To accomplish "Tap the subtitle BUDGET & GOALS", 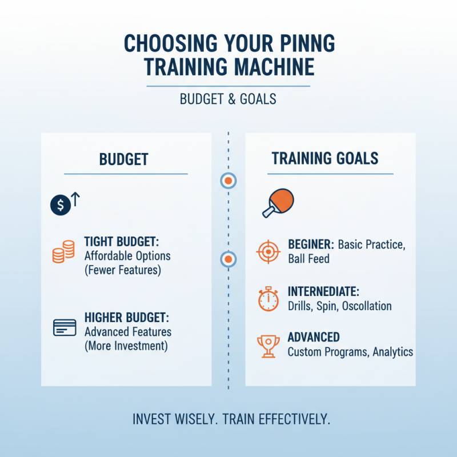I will click(x=228, y=99).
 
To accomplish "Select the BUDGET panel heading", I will click(x=125, y=159).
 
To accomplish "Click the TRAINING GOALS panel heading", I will click(x=324, y=158).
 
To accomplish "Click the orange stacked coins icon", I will click(x=63, y=252).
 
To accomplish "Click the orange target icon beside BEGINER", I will click(x=268, y=251).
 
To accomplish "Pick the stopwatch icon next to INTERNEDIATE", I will click(x=268, y=299).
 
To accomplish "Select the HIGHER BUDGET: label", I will click(x=126, y=318).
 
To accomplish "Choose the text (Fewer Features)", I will click(x=122, y=270).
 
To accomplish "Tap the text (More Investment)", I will click(x=126, y=346).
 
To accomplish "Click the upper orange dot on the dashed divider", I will click(x=228, y=181).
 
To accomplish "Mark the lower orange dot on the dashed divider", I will click(x=228, y=260).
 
